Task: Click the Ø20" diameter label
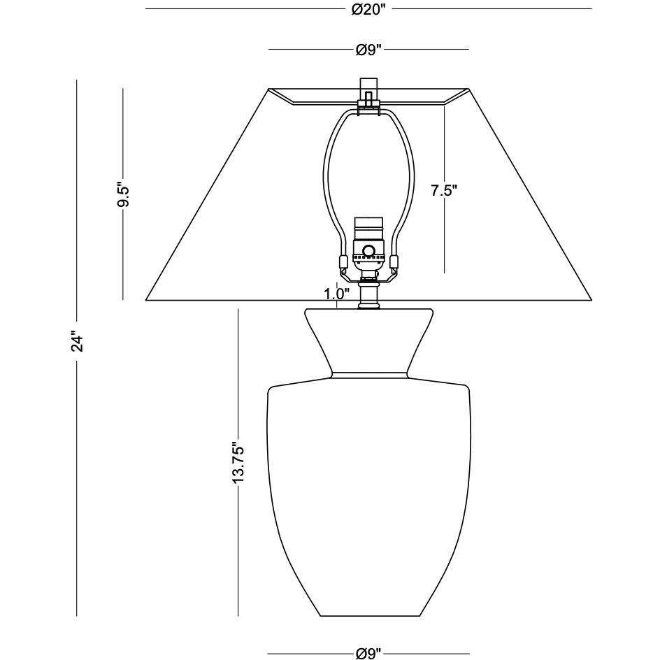click(368, 9)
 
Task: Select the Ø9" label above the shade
click(368, 50)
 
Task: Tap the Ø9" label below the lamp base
click(368, 653)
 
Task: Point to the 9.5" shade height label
click(124, 195)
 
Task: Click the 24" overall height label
click(77, 343)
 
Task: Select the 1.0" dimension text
click(337, 294)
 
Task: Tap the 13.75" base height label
click(238, 462)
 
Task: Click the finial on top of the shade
click(368, 87)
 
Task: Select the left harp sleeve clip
click(343, 264)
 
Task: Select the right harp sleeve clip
click(394, 264)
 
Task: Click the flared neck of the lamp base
click(368, 339)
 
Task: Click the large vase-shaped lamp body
click(368, 489)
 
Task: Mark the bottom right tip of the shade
click(591, 300)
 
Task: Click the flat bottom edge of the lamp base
click(368, 616)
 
